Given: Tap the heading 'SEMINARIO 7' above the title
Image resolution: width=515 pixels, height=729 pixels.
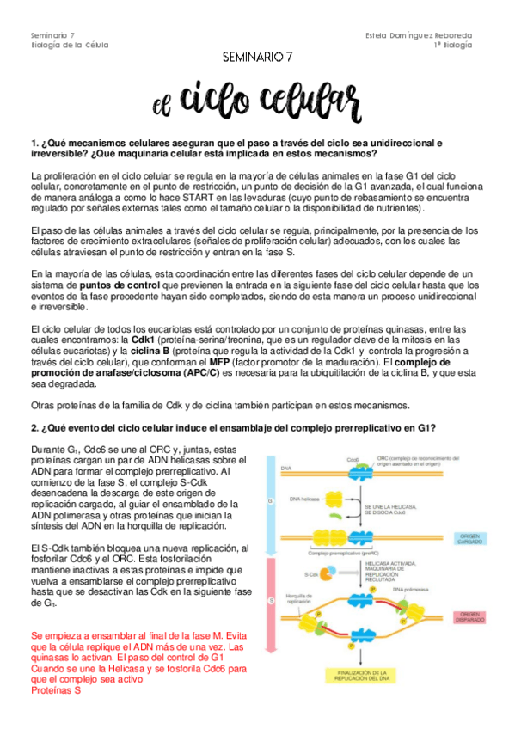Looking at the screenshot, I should (258, 56).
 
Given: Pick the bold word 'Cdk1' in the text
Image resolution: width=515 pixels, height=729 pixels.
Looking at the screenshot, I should (142, 340).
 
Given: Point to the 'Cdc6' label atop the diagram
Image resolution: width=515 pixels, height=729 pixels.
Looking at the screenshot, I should (352, 460).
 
